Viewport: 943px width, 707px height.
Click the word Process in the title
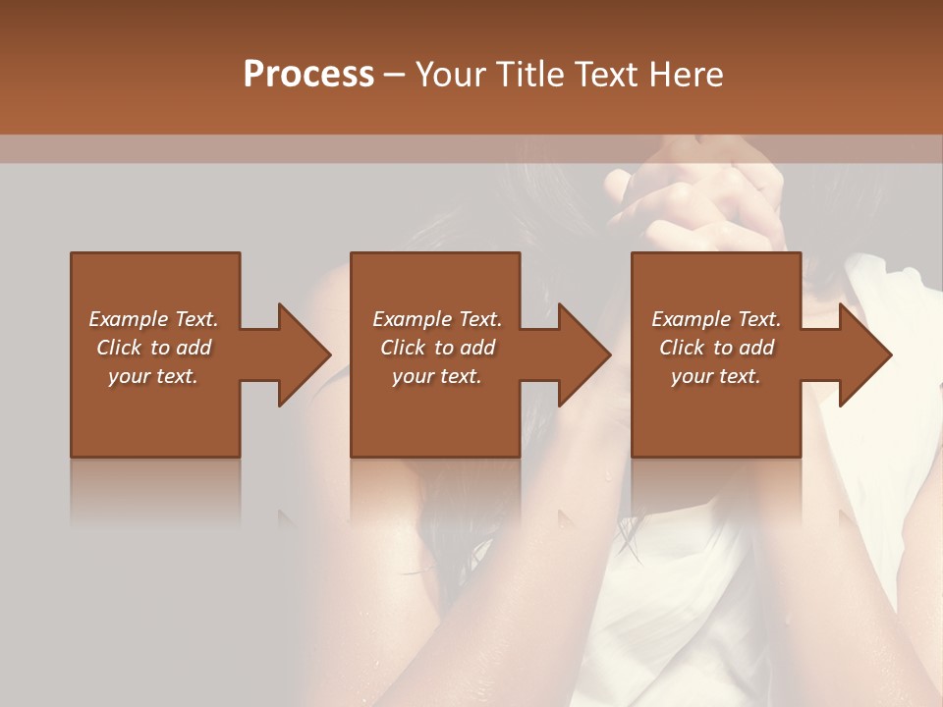(x=308, y=75)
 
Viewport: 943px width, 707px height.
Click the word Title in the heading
(x=531, y=75)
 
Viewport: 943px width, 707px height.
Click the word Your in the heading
(x=453, y=75)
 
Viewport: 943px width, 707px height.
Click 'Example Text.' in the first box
(x=153, y=319)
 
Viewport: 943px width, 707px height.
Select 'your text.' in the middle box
(x=436, y=376)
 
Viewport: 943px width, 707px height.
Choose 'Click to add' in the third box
(x=716, y=348)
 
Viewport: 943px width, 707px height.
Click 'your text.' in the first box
(x=153, y=376)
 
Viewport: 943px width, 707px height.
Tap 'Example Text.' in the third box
(x=716, y=319)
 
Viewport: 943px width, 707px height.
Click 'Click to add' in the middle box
(x=436, y=348)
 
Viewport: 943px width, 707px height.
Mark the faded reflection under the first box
(x=155, y=491)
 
